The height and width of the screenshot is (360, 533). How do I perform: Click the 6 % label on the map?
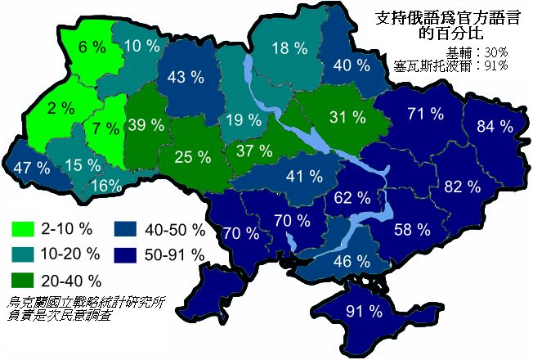tap(93, 47)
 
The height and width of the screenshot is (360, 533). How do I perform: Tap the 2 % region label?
tap(61, 107)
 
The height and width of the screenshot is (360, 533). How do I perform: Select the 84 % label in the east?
tap(496, 126)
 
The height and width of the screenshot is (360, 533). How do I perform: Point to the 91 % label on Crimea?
tap(365, 311)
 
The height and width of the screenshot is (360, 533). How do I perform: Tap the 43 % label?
tap(186, 79)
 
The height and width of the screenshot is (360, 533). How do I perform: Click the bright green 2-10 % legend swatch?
tap(23, 226)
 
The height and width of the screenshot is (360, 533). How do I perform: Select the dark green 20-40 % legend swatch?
tap(23, 281)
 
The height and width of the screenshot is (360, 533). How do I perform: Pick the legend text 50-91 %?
tap(174, 254)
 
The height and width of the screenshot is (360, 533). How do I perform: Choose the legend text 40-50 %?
tap(174, 227)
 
